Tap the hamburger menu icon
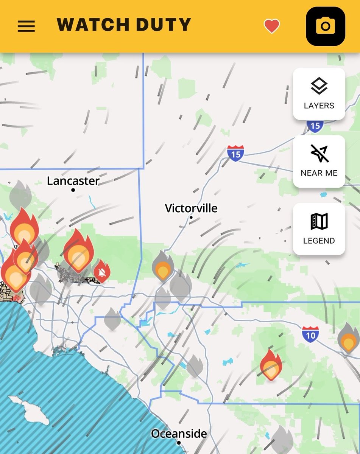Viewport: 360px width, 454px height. [x=26, y=26]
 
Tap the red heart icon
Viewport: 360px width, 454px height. [x=271, y=26]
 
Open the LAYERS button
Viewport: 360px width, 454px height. [x=319, y=93]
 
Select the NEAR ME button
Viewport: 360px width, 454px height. [x=319, y=161]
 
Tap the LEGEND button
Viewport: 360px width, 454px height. [x=319, y=229]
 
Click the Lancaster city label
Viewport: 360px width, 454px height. [x=73, y=181]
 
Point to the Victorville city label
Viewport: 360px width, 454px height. [x=191, y=208]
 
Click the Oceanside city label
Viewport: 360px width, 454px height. [x=179, y=434]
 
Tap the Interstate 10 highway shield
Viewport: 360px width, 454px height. [x=310, y=334]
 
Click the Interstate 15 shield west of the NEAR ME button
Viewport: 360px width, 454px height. [x=235, y=154]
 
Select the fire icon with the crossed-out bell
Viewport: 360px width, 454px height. [x=101, y=271]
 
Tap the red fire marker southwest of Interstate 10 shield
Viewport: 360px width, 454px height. [x=271, y=365]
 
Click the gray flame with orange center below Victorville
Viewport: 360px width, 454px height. [x=163, y=266]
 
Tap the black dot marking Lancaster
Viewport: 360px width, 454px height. [x=73, y=190]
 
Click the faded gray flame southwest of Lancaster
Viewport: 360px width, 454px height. [x=20, y=194]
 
